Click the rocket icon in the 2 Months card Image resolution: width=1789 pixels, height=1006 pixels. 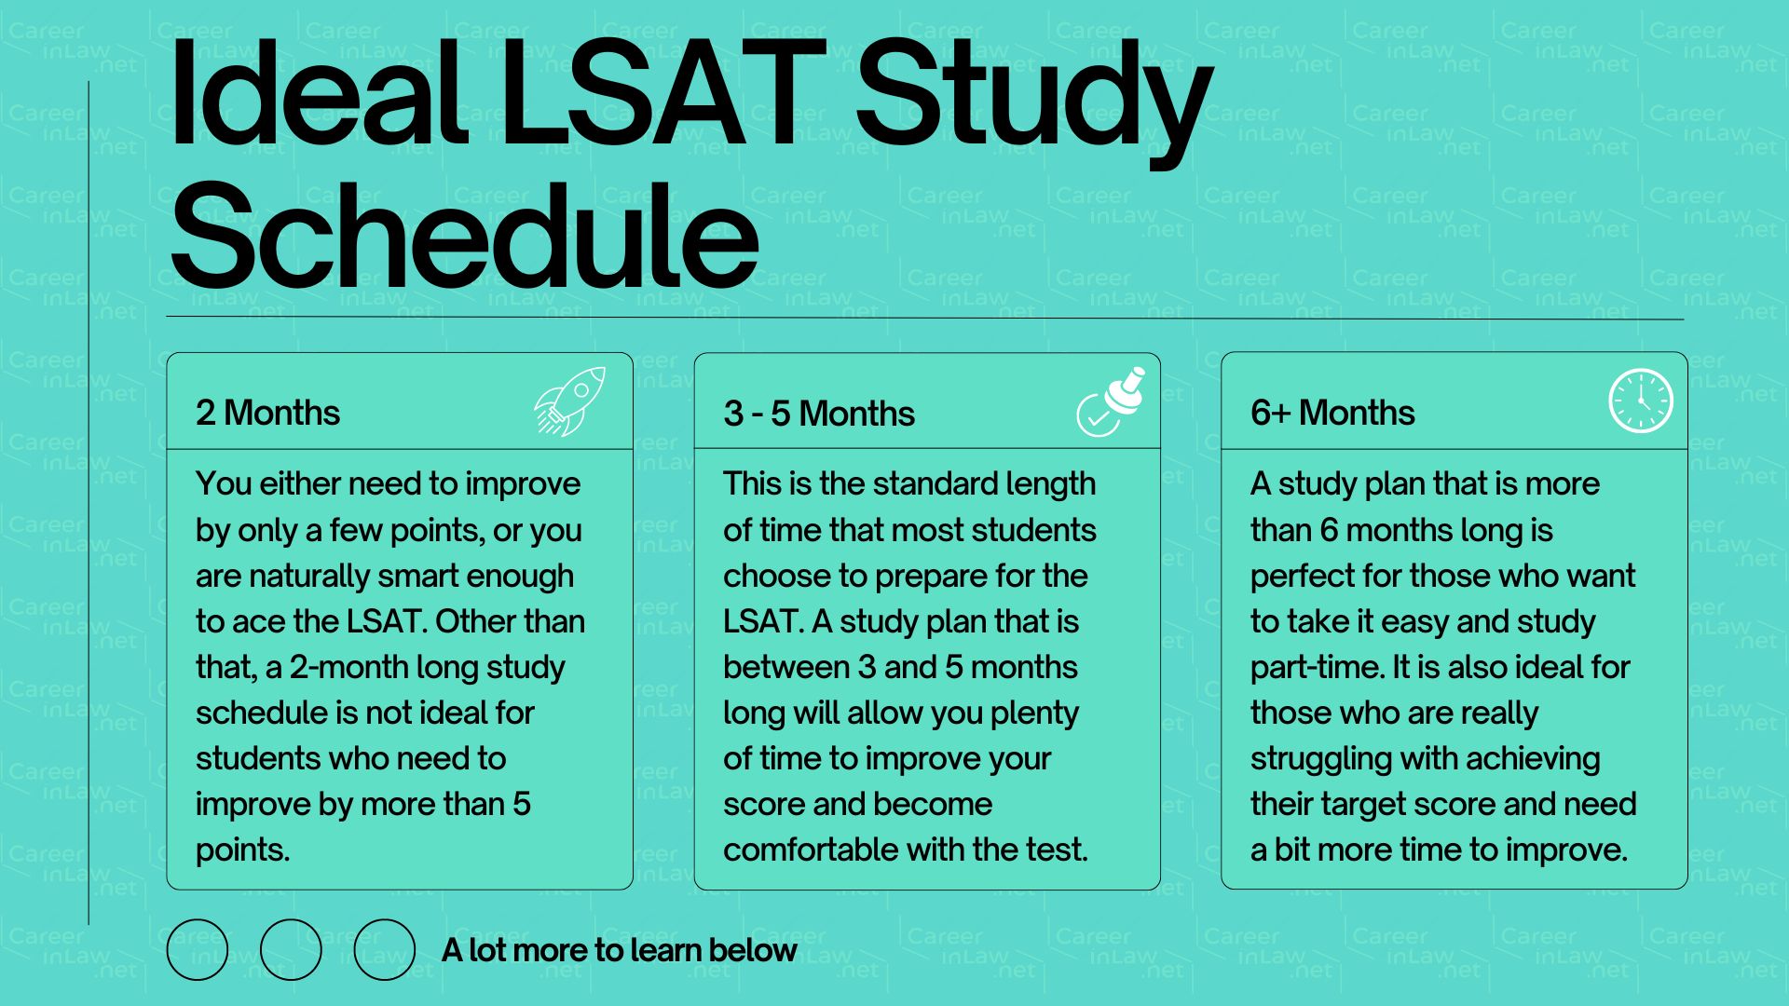click(x=569, y=401)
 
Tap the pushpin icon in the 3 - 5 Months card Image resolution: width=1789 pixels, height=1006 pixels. click(x=1111, y=402)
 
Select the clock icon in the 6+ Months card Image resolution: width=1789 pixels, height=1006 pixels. click(x=1640, y=401)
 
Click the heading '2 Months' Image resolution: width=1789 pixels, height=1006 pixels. click(x=267, y=413)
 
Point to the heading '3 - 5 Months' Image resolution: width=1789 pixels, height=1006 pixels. click(x=818, y=414)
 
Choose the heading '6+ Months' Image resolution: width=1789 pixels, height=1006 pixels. click(x=1332, y=413)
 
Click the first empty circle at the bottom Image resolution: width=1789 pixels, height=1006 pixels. click(x=198, y=949)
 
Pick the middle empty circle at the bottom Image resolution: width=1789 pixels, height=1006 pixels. click(x=291, y=949)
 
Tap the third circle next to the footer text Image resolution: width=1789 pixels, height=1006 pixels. click(x=384, y=949)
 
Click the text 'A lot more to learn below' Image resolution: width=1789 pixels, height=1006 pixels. click(x=619, y=950)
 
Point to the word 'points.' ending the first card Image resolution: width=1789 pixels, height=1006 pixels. click(x=242, y=850)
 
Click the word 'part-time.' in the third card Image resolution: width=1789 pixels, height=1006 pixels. click(x=1317, y=667)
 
